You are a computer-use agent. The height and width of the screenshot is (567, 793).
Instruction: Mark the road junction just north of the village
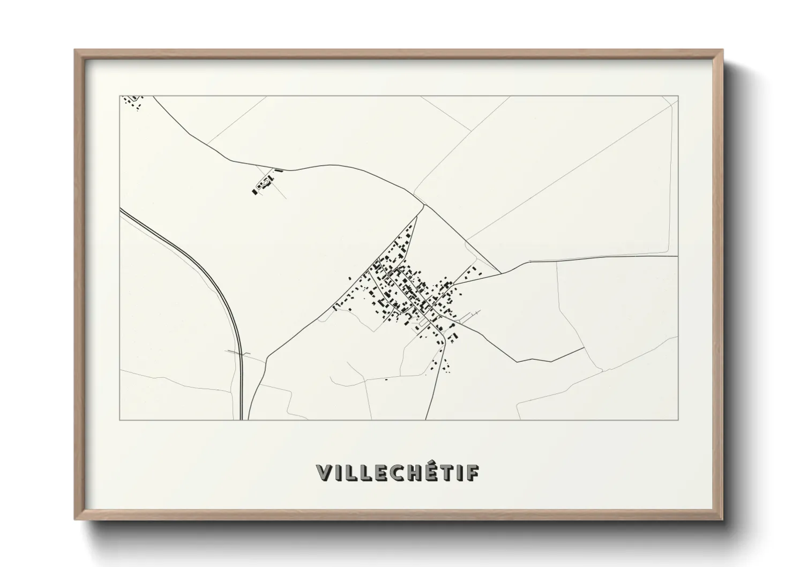coord(424,204)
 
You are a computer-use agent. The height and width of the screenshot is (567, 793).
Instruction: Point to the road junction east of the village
coord(500,273)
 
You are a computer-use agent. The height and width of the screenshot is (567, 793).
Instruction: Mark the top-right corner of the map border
coord(678,96)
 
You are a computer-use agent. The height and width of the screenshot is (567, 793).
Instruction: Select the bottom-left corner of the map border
coord(120,420)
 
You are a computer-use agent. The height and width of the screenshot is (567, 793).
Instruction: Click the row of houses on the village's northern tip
coord(408,236)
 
